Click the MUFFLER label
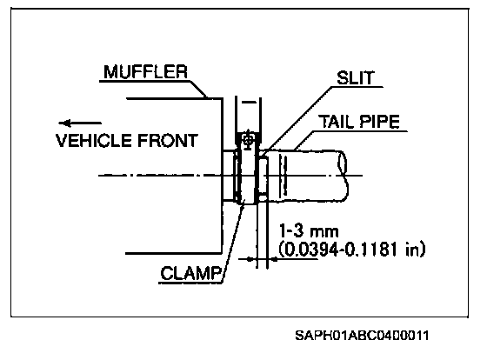[146, 72]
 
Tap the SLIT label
[356, 77]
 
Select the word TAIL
[335, 122]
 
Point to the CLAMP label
[191, 273]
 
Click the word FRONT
[167, 140]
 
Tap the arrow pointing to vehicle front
[80, 123]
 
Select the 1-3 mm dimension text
[309, 231]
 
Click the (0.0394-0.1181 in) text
[351, 249]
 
